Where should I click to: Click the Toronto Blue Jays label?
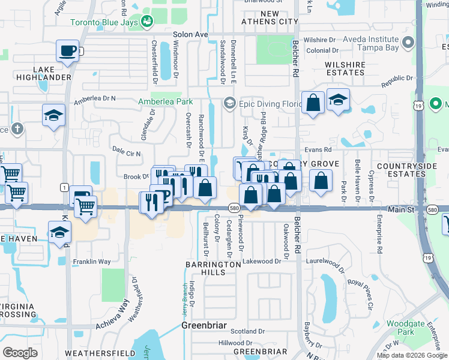pos(104,23)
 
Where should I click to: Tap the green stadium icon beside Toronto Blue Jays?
pos(147,22)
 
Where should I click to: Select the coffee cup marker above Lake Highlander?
pos(68,50)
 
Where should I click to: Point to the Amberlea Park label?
pos(166,102)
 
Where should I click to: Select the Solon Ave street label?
pos(189,35)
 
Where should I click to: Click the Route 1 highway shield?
pos(63,187)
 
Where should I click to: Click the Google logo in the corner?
pos(20,353)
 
